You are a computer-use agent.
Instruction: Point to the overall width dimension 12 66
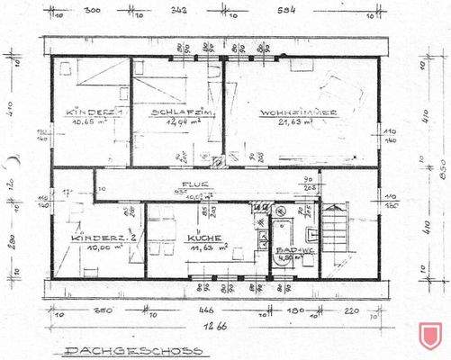pyautogui.click(x=212, y=328)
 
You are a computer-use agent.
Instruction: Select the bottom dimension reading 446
pyautogui.click(x=206, y=310)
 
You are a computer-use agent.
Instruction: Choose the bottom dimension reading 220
pyautogui.click(x=351, y=310)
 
